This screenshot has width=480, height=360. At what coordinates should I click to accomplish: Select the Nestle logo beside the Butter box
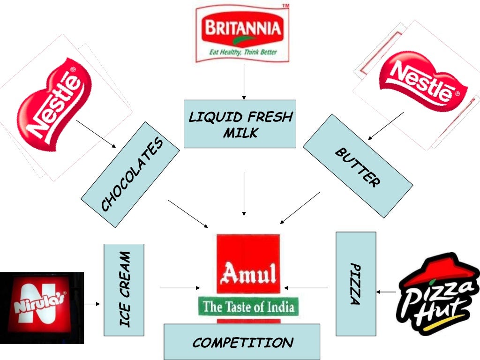coord(422,82)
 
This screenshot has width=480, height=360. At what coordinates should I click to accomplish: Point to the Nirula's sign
coord(41,307)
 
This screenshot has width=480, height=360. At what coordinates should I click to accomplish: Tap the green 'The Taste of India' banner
coord(248,307)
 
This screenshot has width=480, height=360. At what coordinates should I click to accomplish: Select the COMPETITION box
coord(242,342)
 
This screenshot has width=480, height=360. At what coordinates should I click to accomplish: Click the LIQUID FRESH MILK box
coord(240,124)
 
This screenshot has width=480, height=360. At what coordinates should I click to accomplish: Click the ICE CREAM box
coord(124,289)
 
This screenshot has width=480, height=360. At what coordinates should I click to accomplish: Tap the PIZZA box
coord(356,284)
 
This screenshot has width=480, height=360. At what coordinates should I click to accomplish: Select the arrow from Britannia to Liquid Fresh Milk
coord(244,82)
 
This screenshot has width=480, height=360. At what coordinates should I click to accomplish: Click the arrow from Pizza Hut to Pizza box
coord(386,292)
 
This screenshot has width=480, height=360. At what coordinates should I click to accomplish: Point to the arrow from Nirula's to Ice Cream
coord(92,304)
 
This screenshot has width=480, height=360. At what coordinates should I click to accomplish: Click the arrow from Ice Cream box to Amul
coord(180,287)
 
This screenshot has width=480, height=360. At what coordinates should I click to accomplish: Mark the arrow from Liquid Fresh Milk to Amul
coord(244,194)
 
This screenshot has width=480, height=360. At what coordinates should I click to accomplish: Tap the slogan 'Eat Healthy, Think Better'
coord(242,52)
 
